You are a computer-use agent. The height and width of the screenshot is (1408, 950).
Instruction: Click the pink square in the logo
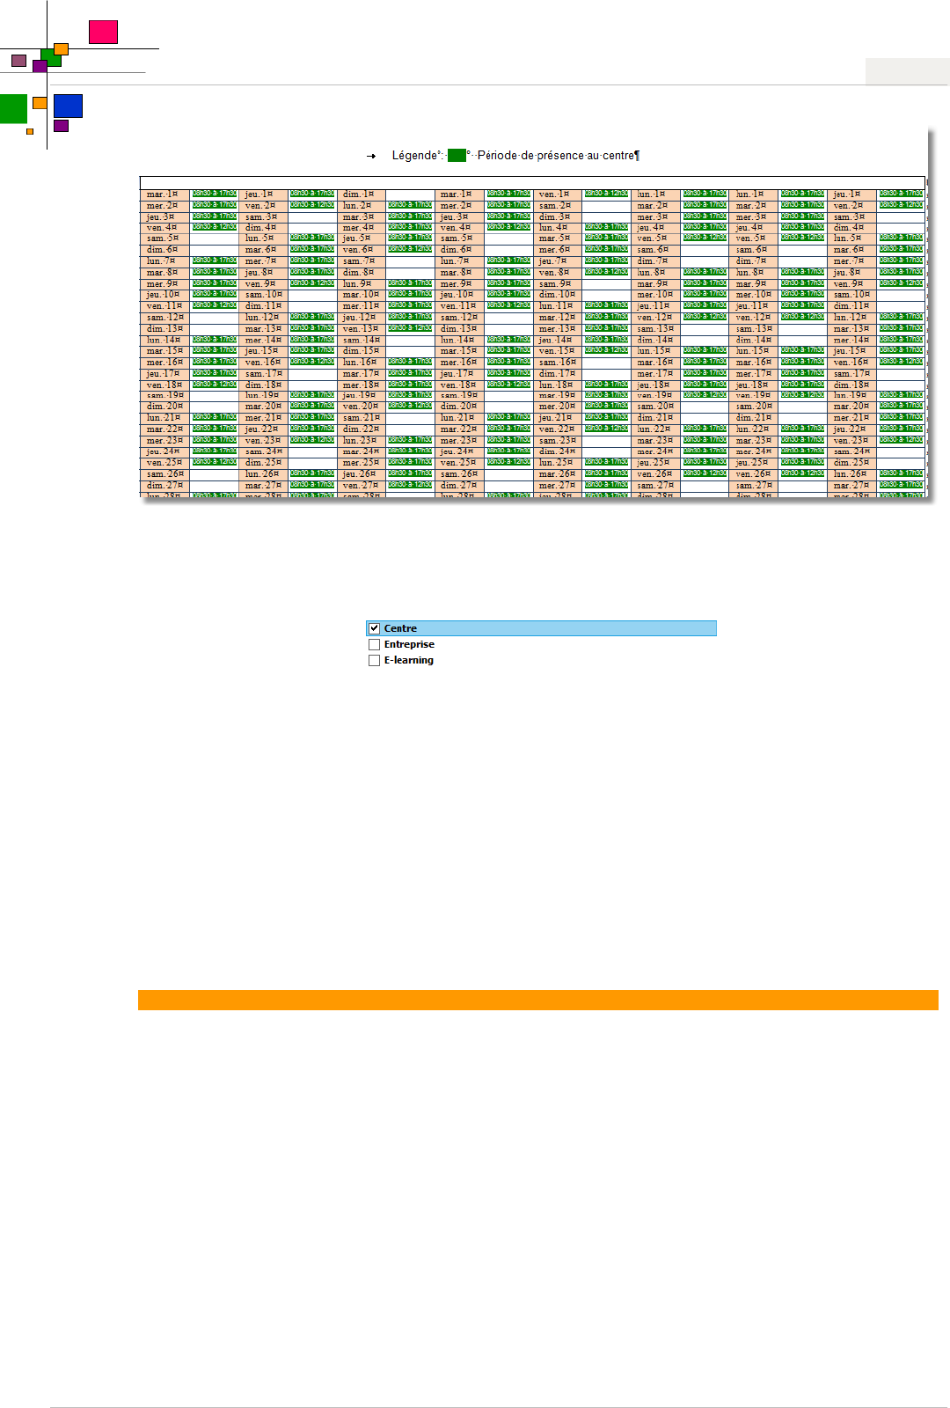[103, 32]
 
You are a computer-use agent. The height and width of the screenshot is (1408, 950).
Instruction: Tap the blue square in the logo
[68, 106]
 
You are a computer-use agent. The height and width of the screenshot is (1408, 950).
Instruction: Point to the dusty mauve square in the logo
[18, 61]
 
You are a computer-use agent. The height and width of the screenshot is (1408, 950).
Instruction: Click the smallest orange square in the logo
[30, 131]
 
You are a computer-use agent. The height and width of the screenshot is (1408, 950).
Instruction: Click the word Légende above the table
[414, 156]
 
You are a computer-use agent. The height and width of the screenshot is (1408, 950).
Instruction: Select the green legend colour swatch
[457, 156]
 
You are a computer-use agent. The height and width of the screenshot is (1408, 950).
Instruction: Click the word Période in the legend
[497, 156]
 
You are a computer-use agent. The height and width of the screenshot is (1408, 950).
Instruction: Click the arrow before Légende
[371, 156]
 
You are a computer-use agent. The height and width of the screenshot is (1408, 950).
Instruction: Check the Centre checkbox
[374, 628]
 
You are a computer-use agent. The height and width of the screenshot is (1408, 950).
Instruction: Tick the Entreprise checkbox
[374, 644]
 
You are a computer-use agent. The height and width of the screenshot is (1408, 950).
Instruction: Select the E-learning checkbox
[374, 660]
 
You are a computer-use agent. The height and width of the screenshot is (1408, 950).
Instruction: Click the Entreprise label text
[409, 644]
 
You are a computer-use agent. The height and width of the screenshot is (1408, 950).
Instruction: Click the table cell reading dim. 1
[358, 194]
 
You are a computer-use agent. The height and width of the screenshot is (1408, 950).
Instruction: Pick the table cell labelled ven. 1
[554, 194]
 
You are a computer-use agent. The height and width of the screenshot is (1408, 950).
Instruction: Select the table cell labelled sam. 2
[554, 205]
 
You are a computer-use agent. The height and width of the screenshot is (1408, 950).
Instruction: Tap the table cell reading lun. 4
[554, 227]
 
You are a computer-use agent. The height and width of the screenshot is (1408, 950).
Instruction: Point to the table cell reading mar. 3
[358, 216]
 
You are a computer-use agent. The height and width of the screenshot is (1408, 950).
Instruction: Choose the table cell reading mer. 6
[554, 250]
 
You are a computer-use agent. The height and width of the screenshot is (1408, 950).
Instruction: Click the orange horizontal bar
[537, 1000]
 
